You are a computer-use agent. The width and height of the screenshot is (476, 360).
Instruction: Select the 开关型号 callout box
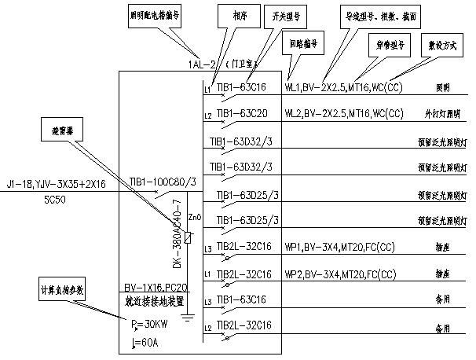pyautogui.click(x=290, y=16)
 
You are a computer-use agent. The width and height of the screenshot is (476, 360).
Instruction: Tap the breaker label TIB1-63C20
pyautogui.click(x=243, y=113)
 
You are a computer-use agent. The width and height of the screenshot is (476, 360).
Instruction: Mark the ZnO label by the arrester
pyautogui.click(x=196, y=216)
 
